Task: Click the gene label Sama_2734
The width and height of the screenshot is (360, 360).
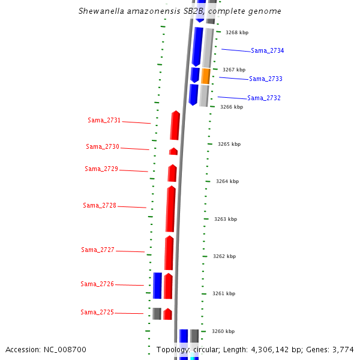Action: tap(267, 51)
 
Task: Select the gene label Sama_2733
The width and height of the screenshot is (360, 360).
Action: tap(266, 79)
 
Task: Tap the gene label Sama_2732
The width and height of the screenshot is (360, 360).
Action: tap(264, 98)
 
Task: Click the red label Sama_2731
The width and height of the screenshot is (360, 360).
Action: tap(104, 121)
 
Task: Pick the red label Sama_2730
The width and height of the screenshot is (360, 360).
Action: tap(103, 147)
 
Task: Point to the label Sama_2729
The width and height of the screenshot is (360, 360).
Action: tap(101, 169)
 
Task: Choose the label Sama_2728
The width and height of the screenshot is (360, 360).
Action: tap(100, 206)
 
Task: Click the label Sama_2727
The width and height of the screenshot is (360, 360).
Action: tap(98, 250)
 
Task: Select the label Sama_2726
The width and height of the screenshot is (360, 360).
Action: tap(97, 284)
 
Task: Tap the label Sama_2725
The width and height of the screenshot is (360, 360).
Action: tap(97, 313)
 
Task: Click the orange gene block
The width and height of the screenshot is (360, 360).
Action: tap(206, 76)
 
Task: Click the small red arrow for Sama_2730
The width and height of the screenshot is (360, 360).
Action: tap(173, 151)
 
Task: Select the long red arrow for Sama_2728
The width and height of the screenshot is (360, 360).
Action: tap(170, 209)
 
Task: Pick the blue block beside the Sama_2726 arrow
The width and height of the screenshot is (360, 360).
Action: tap(157, 286)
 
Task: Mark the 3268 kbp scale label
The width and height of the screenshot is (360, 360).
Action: tap(236, 33)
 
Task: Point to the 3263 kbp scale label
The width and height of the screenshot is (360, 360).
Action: tap(226, 220)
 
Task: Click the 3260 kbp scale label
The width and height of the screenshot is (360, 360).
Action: tap(223, 332)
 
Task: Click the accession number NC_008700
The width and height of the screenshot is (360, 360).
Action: tap(65, 350)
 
